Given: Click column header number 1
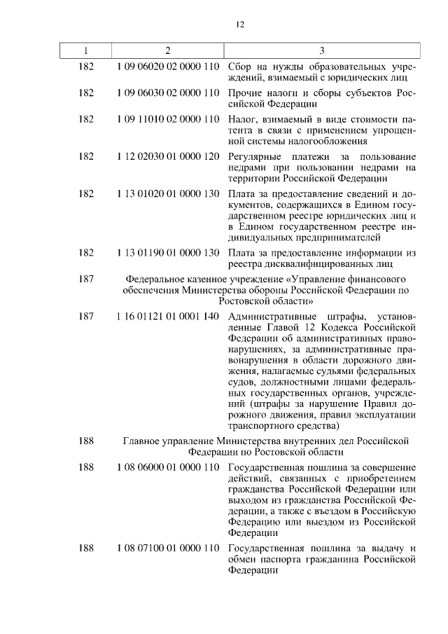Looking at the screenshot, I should (x=86, y=50).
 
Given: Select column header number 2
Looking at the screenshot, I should (x=168, y=50).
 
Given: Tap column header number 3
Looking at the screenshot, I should (x=321, y=50).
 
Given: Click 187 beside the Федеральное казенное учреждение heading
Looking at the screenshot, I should (x=86, y=278).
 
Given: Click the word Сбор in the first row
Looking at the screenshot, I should (x=241, y=69).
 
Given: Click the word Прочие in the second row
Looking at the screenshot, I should (x=245, y=93).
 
